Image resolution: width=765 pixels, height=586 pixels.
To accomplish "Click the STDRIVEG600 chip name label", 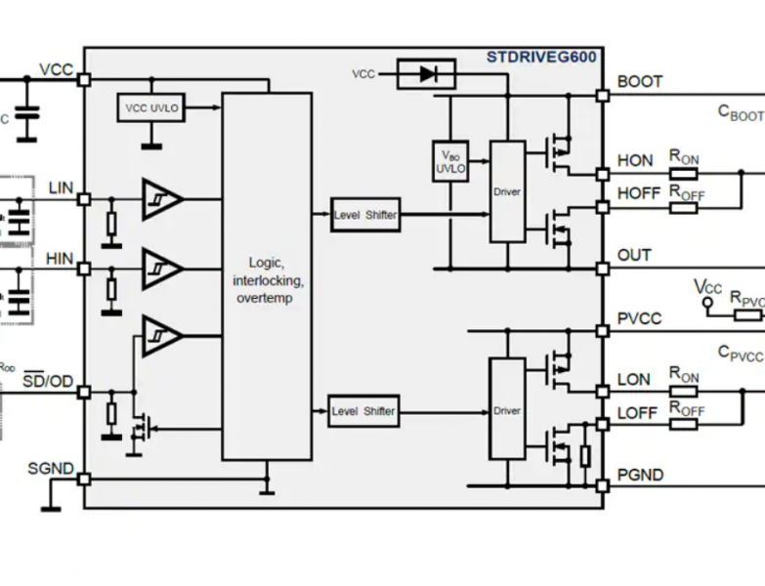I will (540, 58).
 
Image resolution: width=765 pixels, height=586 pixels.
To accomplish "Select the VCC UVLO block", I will (151, 107).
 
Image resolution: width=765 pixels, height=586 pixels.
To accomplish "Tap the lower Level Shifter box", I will (363, 411).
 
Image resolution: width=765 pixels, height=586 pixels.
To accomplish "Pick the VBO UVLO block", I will (450, 161).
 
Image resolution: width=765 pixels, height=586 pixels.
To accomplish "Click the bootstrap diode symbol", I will (426, 74).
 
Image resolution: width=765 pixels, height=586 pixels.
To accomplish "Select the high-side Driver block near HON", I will (506, 191).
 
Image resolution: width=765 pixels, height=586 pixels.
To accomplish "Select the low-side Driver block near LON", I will (506, 411).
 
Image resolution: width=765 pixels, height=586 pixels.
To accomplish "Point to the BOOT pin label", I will (640, 82).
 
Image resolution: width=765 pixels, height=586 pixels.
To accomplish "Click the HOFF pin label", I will (639, 194).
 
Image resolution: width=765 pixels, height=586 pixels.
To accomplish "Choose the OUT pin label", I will (634, 256).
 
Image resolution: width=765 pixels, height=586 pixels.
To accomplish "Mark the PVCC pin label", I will (640, 319).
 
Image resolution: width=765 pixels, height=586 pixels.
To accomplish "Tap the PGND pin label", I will (640, 476).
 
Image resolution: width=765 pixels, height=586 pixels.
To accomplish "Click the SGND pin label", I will (51, 469).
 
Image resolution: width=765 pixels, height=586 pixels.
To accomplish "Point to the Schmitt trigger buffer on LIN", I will (161, 198).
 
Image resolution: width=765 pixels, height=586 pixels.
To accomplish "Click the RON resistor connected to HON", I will (683, 174).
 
